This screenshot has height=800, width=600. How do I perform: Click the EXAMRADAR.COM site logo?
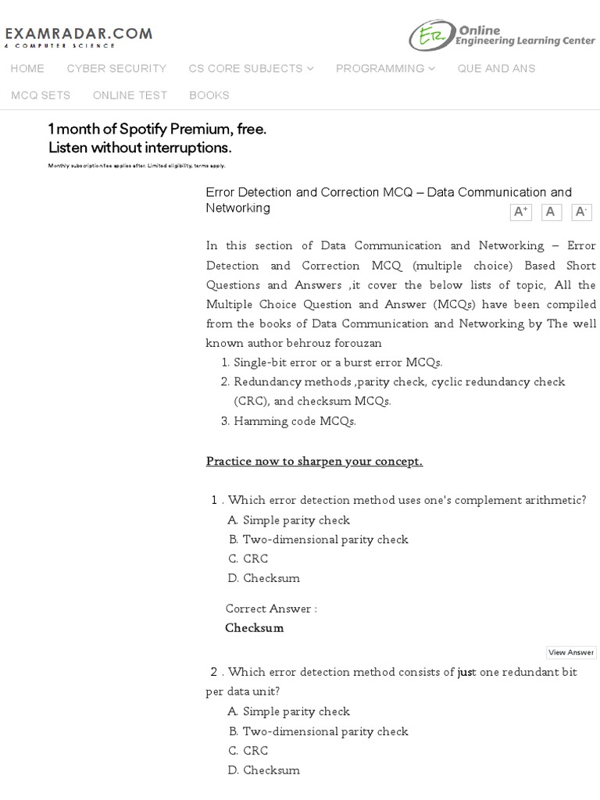(x=78, y=34)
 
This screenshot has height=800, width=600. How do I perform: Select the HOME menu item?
(x=27, y=69)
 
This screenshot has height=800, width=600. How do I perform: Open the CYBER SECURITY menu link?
(x=116, y=69)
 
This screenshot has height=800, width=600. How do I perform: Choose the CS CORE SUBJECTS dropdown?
(x=251, y=69)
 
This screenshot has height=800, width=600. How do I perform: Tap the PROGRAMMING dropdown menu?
(x=385, y=69)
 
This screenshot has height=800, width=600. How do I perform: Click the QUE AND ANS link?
(x=496, y=69)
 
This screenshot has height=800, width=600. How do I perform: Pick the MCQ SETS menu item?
(x=41, y=95)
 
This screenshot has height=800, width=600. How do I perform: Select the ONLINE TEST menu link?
(x=130, y=95)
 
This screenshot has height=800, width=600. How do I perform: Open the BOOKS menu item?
(x=209, y=95)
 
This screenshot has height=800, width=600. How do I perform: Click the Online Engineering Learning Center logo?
(x=502, y=36)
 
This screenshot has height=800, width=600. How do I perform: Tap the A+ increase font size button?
(x=520, y=212)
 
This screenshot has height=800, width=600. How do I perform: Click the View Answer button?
(x=571, y=652)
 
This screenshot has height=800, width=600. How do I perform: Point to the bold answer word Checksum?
(x=255, y=628)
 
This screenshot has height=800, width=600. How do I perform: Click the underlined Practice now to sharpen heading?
(x=314, y=461)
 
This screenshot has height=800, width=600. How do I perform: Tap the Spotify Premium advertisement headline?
(x=157, y=138)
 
